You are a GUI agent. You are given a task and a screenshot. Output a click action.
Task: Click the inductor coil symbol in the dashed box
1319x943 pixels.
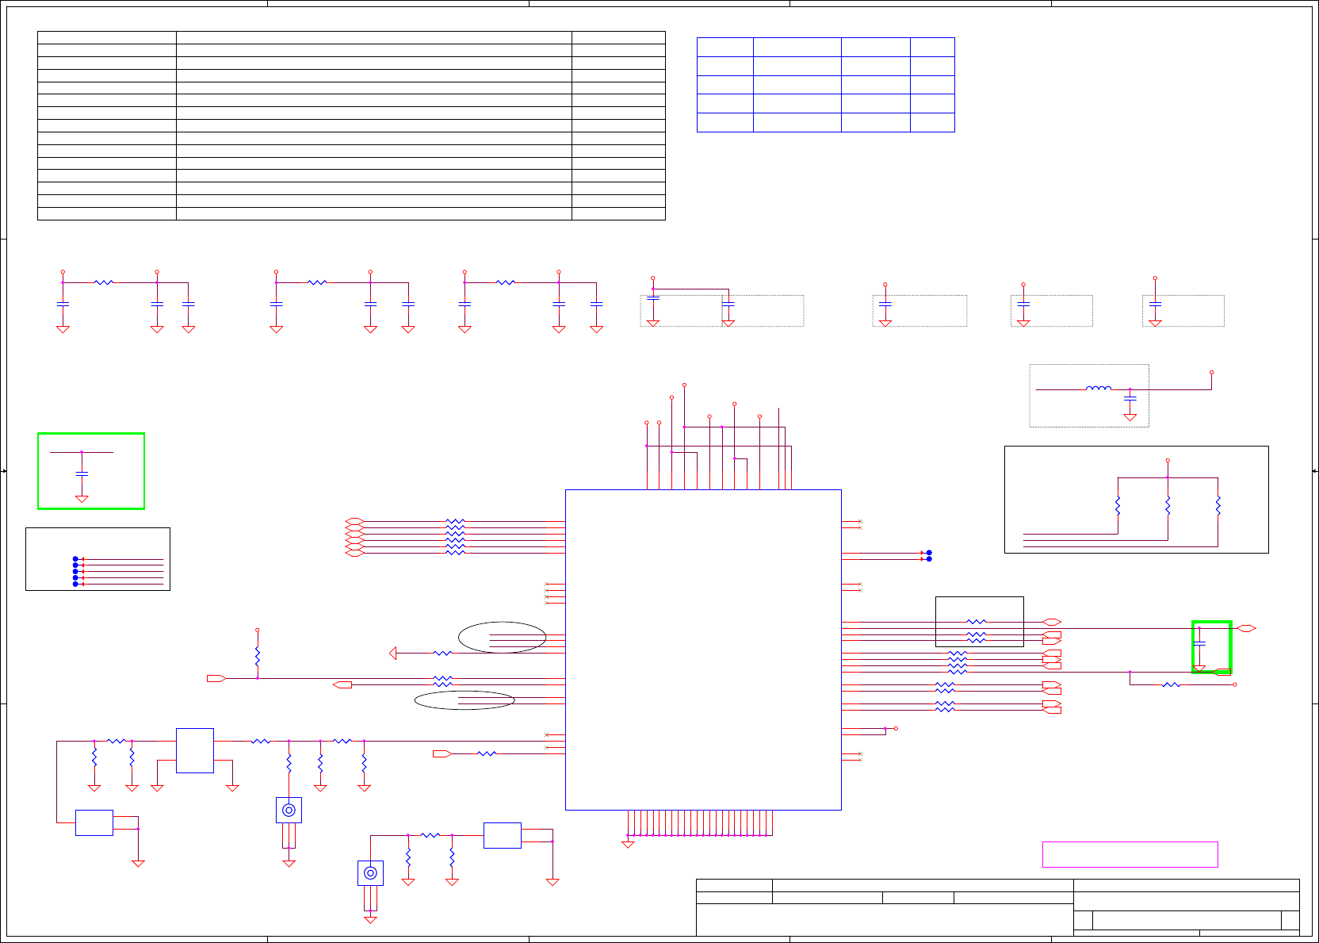tap(1098, 389)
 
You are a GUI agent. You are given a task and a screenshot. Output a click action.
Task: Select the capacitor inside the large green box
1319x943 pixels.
tap(82, 473)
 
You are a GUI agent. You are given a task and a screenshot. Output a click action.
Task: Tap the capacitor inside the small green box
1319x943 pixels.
tap(1199, 642)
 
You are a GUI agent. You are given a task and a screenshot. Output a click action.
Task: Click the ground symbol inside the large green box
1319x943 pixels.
tap(82, 499)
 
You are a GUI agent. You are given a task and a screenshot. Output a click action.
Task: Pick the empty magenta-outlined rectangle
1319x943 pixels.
tap(1130, 854)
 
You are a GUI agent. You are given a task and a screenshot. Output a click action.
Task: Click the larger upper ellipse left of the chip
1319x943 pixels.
tap(502, 637)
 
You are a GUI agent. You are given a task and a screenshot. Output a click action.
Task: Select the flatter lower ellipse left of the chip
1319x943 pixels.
tap(465, 700)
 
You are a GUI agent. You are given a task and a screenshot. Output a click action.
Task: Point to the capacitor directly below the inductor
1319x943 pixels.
tap(1130, 397)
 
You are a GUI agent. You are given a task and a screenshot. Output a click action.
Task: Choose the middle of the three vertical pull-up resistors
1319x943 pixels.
tap(1168, 506)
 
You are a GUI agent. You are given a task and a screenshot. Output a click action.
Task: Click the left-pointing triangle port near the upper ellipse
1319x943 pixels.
tap(393, 653)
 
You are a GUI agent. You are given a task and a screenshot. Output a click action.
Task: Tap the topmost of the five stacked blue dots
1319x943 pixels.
tap(76, 559)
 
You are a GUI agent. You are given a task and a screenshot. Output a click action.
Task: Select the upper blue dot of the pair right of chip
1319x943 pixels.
tap(929, 552)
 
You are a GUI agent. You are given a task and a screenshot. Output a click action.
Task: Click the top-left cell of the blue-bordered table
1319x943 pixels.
tap(724, 47)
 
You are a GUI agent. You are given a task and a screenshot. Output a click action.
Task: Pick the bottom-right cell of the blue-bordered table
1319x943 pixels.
tap(932, 122)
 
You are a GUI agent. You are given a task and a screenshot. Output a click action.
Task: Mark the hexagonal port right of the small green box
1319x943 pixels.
tap(1246, 628)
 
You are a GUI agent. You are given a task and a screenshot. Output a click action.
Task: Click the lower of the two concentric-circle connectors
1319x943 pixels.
tap(370, 873)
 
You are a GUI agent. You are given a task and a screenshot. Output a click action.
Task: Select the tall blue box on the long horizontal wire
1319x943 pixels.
tap(194, 750)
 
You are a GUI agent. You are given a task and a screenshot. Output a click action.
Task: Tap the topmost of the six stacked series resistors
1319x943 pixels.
tap(455, 521)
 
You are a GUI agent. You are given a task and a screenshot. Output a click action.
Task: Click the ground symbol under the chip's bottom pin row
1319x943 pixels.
tap(628, 845)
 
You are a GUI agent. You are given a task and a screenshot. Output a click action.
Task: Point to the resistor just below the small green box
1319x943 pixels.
tap(1171, 684)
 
